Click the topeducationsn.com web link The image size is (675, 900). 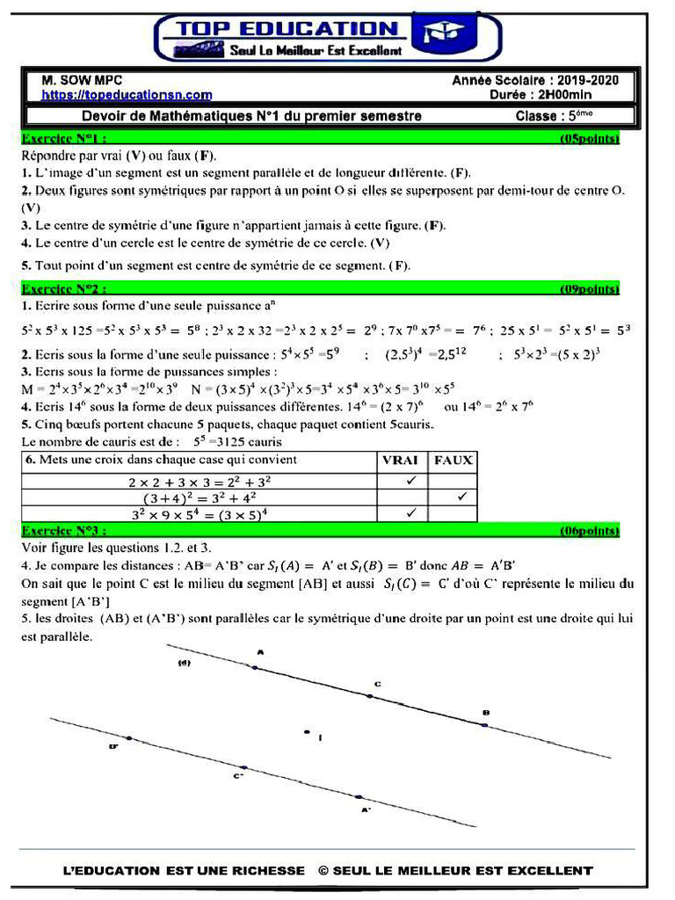click(x=127, y=95)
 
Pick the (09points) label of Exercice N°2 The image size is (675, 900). click(x=590, y=288)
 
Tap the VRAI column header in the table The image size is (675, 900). click(x=400, y=460)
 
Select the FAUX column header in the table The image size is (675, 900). click(x=453, y=460)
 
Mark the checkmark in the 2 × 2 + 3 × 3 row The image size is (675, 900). click(x=410, y=482)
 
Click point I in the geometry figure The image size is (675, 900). click(x=307, y=731)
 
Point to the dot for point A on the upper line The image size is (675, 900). click(x=256, y=668)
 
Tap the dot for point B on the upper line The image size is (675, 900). click(x=484, y=725)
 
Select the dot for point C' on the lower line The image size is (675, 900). click(x=244, y=767)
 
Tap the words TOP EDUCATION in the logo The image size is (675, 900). click(x=288, y=30)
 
